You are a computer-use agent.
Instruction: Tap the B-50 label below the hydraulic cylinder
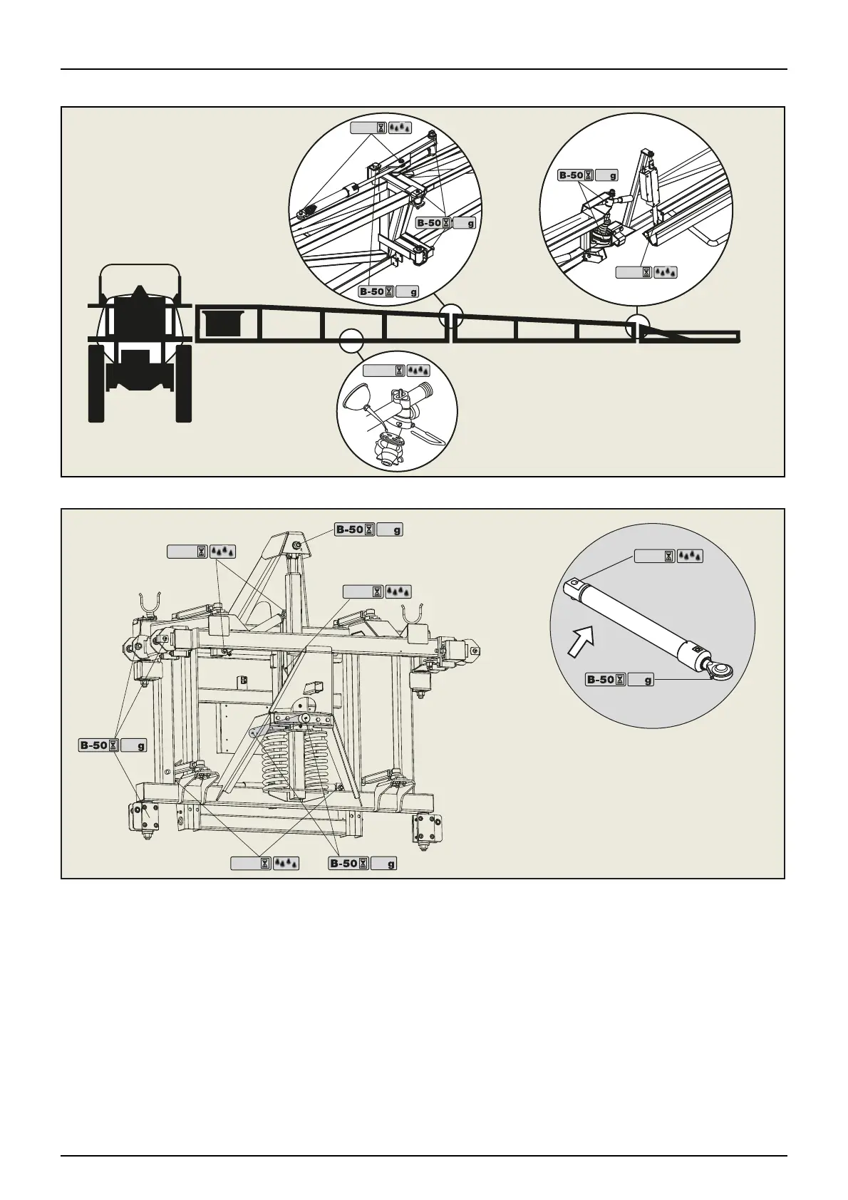point(619,679)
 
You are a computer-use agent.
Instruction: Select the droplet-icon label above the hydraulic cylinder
point(668,556)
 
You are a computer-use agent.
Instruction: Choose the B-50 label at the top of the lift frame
point(368,529)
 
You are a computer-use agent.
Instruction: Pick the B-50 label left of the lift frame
point(112,745)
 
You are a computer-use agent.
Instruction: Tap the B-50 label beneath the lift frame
point(362,864)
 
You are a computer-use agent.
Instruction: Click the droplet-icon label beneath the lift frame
point(264,864)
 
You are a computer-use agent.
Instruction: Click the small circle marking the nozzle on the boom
point(349,340)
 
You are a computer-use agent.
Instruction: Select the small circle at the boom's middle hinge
point(450,314)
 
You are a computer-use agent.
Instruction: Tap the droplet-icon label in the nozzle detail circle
point(396,370)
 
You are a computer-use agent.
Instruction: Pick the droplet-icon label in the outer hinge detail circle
point(646,271)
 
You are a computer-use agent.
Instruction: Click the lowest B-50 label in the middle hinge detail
point(388,291)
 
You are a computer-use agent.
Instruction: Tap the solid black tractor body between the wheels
point(140,342)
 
